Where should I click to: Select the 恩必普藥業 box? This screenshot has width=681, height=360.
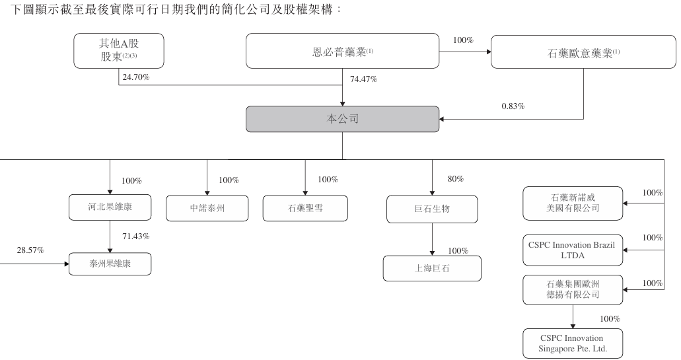pos(342,52)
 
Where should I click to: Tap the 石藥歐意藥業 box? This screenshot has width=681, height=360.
pos(583,52)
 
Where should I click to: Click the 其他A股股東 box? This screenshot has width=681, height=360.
pos(118,52)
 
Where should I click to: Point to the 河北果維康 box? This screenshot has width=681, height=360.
pos(110,207)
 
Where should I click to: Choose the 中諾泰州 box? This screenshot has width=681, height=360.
pos(207,207)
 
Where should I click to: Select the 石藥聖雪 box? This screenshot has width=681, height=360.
pos(305,207)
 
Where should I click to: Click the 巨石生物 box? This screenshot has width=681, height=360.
pos(431,207)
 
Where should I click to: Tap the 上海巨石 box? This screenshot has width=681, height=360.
pos(432,268)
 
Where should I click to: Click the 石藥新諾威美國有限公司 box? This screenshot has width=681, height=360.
pos(573,203)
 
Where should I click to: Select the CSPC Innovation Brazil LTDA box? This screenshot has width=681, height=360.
pos(573,250)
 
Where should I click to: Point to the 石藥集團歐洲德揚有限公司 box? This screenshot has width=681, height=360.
pos(573,289)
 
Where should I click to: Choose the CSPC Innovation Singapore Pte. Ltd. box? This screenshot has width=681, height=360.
pos(573,343)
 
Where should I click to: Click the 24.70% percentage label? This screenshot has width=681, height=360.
pos(136,78)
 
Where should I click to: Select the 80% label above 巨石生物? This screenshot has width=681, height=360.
pos(455,179)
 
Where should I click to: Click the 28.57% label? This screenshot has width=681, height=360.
pos(30,250)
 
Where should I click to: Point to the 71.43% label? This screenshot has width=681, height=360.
pos(135,236)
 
